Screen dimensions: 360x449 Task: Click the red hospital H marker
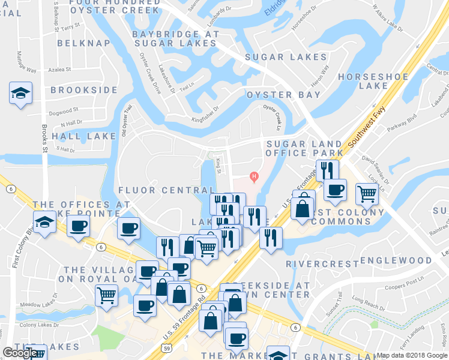255,176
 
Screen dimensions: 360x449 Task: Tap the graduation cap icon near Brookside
20,94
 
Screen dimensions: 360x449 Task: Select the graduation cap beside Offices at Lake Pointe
44,223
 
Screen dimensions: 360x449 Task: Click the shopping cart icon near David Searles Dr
366,193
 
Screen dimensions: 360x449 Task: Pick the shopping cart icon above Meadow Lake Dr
106,295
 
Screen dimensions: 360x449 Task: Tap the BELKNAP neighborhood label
84,43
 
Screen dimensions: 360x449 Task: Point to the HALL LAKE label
84,136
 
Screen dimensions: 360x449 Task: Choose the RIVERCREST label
318,263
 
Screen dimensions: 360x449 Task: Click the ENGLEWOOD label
396,260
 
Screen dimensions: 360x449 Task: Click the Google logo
20,353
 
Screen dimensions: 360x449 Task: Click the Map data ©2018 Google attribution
412,355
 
